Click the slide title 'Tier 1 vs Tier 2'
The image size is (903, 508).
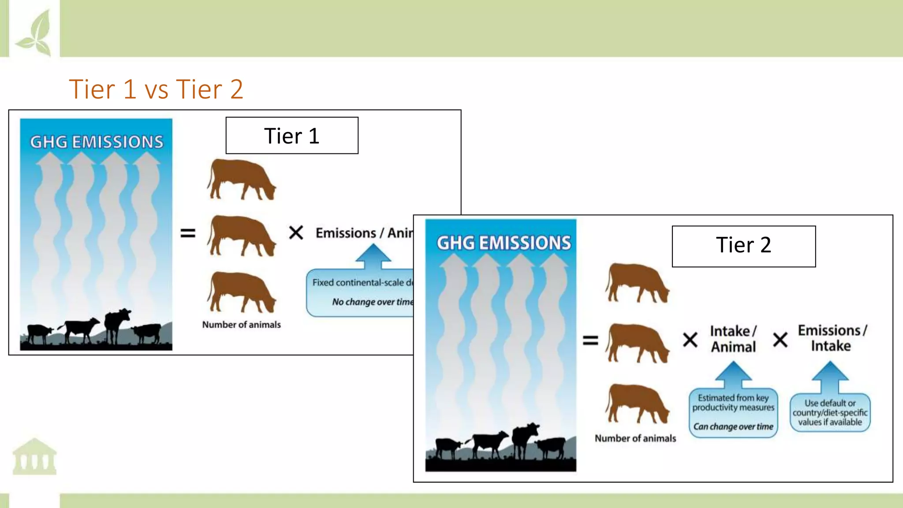click(156, 89)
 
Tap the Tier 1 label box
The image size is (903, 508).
click(292, 135)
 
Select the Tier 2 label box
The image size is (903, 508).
click(743, 246)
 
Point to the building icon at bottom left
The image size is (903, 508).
click(34, 456)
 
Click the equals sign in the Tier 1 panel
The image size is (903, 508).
click(188, 233)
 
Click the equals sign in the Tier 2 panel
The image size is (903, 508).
click(591, 340)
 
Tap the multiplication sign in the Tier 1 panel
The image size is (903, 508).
click(296, 232)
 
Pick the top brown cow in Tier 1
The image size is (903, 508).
click(242, 179)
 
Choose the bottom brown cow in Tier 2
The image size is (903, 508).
click(638, 403)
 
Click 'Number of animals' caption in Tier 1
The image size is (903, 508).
click(241, 325)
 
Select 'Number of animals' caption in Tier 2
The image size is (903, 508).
click(635, 438)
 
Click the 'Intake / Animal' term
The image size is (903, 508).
click(733, 339)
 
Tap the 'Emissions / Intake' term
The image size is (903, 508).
click(832, 338)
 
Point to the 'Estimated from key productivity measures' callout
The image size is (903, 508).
click(733, 412)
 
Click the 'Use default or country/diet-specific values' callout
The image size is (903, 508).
click(830, 412)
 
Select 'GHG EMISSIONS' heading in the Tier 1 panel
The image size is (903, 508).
click(97, 142)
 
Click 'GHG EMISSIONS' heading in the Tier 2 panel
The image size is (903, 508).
click(504, 243)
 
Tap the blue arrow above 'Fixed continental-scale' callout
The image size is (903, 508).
click(373, 256)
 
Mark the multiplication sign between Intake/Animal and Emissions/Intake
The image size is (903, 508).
click(780, 340)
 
